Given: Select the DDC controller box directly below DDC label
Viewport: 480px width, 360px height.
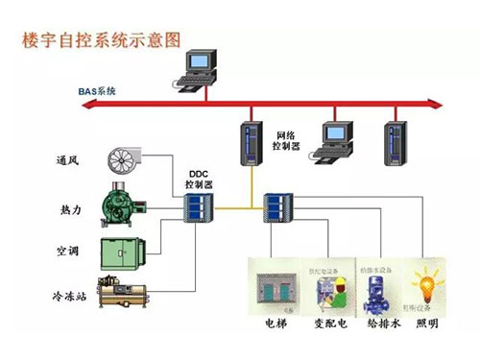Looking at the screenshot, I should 199,207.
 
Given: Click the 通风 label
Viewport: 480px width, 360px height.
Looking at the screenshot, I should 68,159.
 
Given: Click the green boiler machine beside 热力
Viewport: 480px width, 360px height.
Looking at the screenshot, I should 125,205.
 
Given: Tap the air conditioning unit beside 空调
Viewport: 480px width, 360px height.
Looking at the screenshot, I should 125,251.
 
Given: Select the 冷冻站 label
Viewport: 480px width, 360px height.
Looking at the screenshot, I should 68,297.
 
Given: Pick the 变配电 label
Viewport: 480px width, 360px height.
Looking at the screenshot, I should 327,324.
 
